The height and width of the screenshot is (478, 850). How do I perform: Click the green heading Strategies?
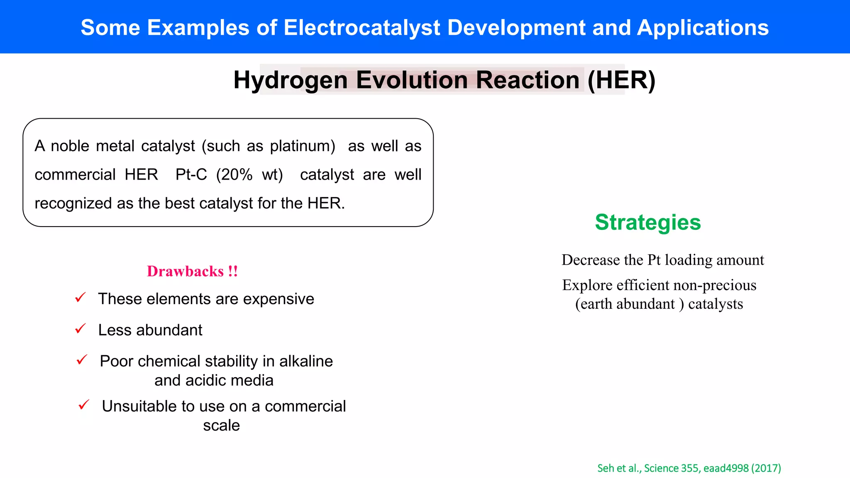tap(647, 222)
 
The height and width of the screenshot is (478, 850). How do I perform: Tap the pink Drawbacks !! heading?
tap(192, 271)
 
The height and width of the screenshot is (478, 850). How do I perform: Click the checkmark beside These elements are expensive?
tap(80, 298)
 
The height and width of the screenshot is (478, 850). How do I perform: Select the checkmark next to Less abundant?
tap(80, 329)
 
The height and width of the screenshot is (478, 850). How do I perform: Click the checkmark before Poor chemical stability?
tap(82, 359)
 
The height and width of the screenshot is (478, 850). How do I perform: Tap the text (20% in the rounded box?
tap(234, 175)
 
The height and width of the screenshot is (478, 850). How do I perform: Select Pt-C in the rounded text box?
tap(191, 175)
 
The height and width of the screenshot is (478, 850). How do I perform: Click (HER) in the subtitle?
tap(621, 80)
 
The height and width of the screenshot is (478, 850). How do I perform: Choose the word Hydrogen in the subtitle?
tap(290, 80)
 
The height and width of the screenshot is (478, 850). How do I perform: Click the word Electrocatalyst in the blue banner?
tap(361, 27)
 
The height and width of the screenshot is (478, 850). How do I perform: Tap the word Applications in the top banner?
tap(702, 27)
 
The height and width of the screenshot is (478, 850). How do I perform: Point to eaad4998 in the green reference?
tap(726, 468)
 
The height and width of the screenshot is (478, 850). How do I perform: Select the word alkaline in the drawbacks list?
tap(306, 361)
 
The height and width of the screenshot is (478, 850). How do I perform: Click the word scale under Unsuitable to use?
tap(221, 425)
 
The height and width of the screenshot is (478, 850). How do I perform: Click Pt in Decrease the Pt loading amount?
tap(654, 260)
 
